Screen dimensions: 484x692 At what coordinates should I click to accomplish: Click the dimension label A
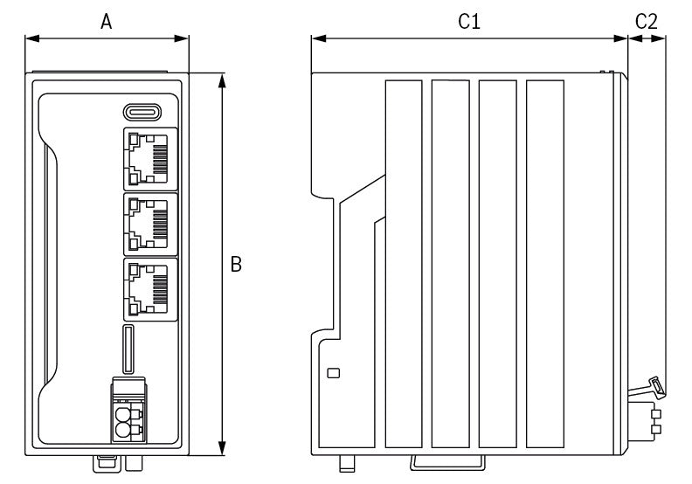point(106,22)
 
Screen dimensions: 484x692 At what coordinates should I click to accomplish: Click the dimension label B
point(236,264)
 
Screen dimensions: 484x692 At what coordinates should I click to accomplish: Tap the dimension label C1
point(469,22)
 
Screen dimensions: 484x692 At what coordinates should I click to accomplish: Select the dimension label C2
point(647,22)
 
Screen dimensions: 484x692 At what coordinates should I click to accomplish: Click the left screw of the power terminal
point(121,415)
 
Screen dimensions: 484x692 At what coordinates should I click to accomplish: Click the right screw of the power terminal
point(136,415)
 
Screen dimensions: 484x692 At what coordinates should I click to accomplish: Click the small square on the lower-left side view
point(333,373)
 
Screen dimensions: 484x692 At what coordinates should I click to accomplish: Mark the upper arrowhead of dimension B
point(223,80)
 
